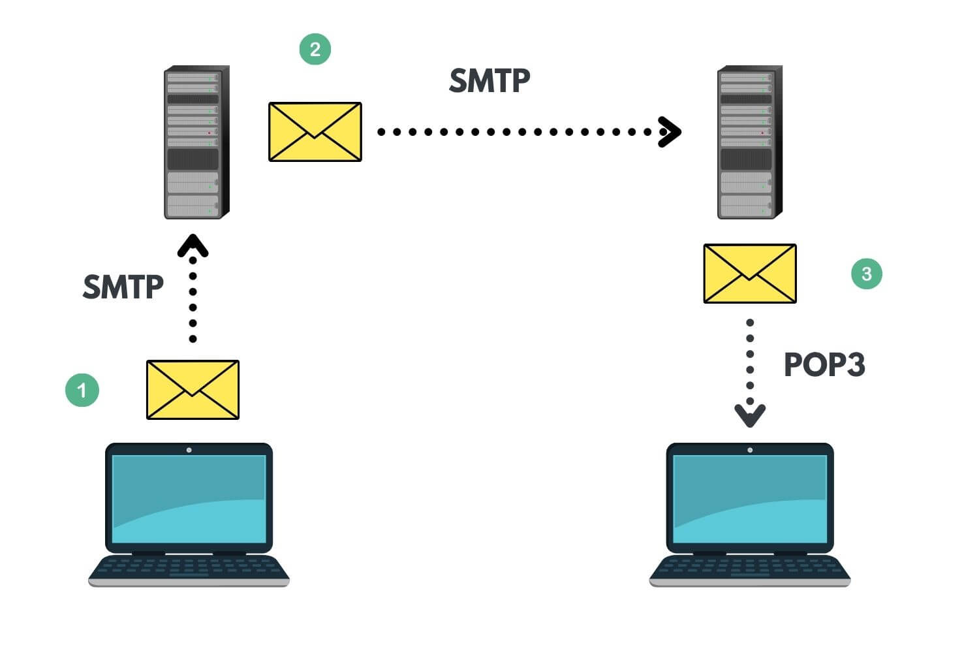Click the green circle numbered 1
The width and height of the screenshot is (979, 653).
82,390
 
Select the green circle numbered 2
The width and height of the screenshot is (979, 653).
315,49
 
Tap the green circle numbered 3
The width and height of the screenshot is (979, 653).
867,274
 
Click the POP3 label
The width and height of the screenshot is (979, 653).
824,364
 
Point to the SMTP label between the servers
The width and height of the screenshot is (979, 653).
489,81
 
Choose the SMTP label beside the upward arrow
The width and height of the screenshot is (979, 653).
123,287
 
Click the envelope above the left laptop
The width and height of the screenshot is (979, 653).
193,390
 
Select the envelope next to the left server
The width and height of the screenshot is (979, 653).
315,131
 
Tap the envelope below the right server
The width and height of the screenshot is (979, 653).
750,274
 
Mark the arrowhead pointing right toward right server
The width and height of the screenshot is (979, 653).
670,132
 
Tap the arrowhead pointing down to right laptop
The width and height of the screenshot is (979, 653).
750,415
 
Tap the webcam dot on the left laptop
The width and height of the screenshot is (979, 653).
189,450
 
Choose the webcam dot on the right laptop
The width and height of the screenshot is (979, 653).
750,450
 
